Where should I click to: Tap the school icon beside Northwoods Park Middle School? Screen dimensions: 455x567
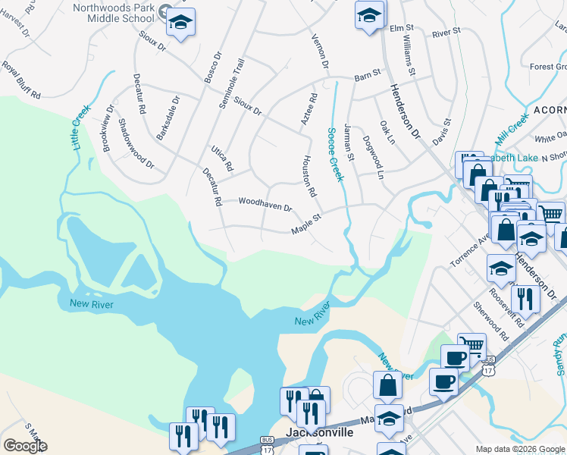click(180, 22)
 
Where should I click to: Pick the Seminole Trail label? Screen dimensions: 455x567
click(232, 83)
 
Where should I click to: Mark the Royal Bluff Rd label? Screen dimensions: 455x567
click(21, 80)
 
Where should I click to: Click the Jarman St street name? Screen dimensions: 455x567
click(349, 142)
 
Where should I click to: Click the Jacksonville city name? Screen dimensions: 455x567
click(319, 432)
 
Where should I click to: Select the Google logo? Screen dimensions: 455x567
click(25, 446)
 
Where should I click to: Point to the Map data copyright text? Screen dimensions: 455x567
click(519, 448)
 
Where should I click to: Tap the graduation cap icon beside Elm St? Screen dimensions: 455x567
click(369, 15)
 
